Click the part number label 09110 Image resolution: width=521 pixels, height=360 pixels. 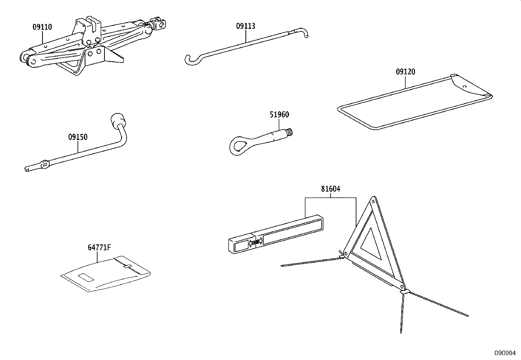[x=42, y=27]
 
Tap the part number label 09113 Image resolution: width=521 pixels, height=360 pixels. [x=245, y=26]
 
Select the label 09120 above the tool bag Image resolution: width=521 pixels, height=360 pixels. [x=405, y=72]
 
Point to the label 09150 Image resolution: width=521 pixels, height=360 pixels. [x=78, y=137]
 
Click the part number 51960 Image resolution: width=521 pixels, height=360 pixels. [x=279, y=115]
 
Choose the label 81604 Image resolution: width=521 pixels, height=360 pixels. [x=330, y=189]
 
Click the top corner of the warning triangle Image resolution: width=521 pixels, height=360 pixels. [x=372, y=200]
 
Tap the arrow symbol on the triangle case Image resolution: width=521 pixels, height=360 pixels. [x=255, y=243]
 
